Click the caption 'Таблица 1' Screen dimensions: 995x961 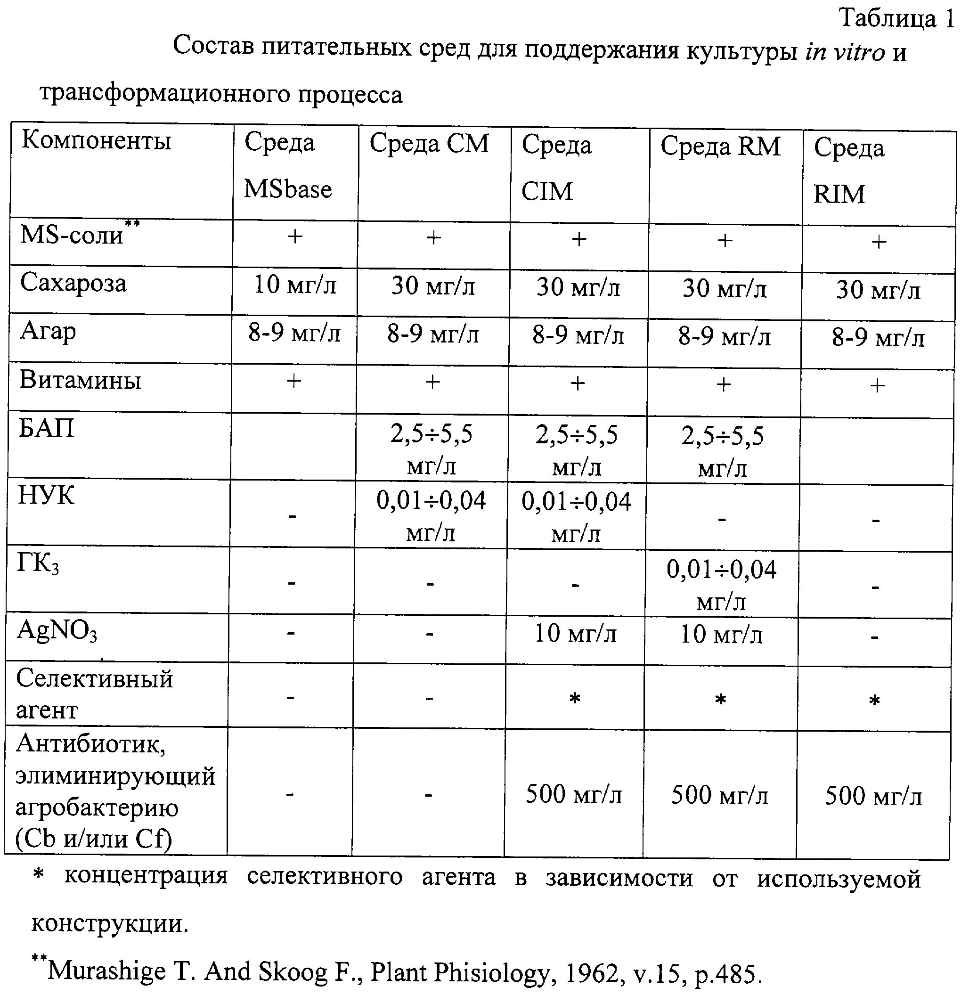click(896, 19)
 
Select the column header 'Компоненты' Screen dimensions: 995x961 click(96, 140)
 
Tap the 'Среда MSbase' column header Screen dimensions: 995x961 click(287, 165)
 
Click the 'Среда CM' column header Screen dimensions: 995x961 click(429, 143)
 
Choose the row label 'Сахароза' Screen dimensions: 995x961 click(73, 283)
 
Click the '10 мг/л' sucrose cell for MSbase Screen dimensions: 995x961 click(295, 285)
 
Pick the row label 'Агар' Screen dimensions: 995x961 click(48, 332)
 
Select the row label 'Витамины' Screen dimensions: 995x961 click(80, 380)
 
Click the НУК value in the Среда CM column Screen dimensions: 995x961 click(431, 516)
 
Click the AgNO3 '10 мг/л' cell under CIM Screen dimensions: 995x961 click(576, 634)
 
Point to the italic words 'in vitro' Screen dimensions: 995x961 click(845, 52)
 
